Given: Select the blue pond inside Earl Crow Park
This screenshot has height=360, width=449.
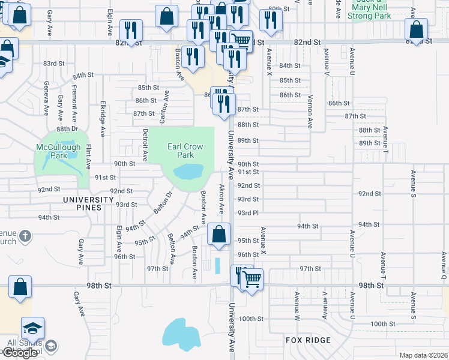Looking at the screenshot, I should [x=188, y=173].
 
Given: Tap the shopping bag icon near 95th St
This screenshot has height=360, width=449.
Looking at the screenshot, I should [x=219, y=234].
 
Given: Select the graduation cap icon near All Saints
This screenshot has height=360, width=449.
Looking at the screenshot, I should [x=32, y=328].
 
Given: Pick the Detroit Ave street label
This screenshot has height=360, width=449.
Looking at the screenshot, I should [x=145, y=144].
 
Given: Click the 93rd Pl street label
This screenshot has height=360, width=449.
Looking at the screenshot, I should [x=248, y=213].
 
